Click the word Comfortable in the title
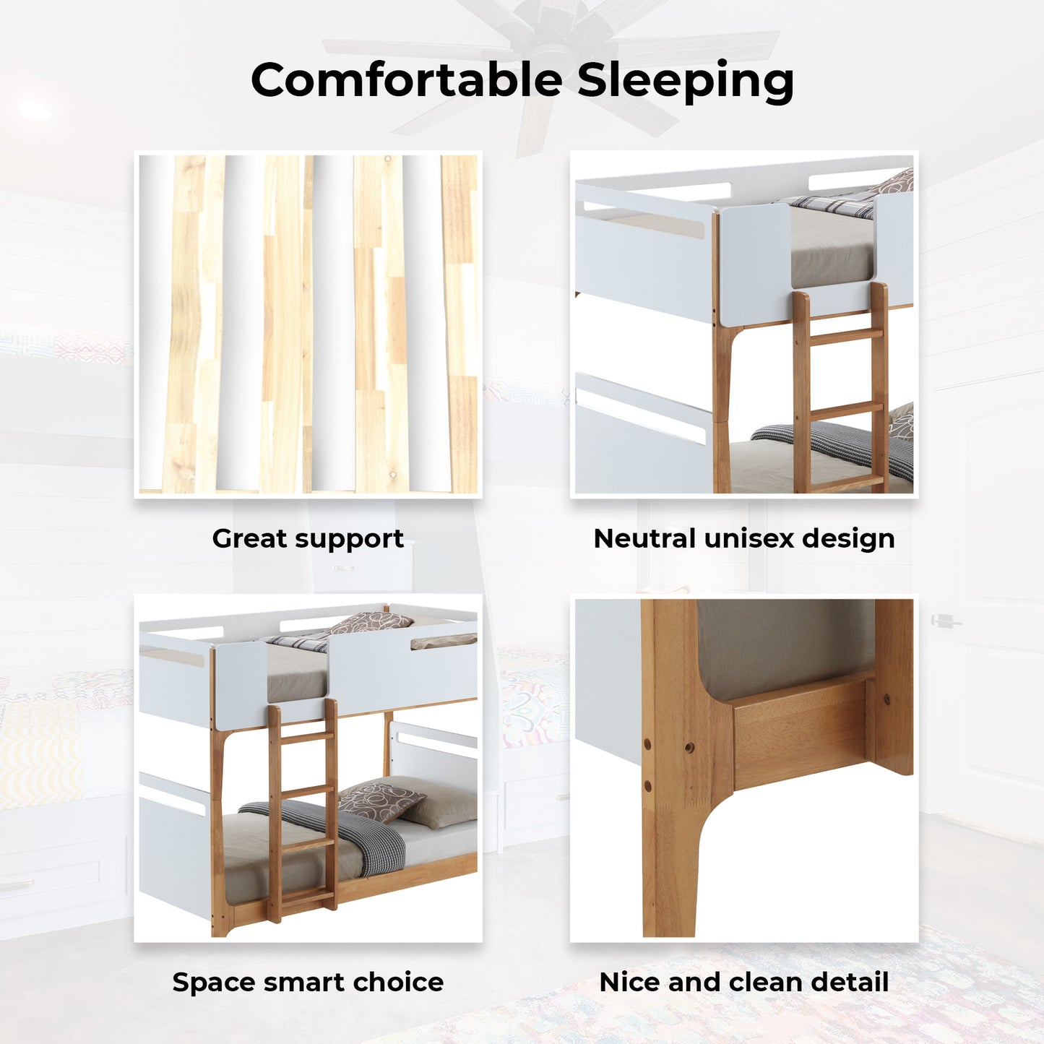407,79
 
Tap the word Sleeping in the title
686,82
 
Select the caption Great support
308,539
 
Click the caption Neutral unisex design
744,538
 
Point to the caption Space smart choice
308,982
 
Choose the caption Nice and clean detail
744,982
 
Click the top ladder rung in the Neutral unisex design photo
846,336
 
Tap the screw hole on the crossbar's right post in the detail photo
887,699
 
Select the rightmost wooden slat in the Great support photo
460,324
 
